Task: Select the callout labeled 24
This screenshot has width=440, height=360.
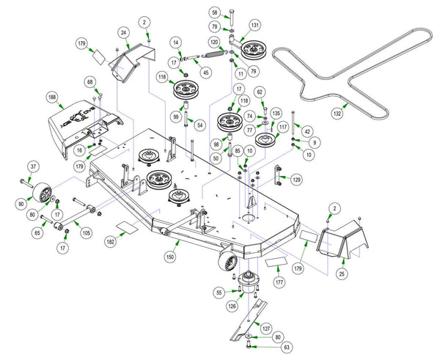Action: [125, 32]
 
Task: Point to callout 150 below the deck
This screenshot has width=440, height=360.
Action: [170, 257]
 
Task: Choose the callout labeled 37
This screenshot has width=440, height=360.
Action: [32, 167]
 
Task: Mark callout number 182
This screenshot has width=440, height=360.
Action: [111, 240]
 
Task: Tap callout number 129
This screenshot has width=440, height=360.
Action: [296, 179]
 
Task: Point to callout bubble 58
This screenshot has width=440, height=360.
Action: [214, 13]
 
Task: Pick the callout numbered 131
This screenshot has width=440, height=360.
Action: [255, 24]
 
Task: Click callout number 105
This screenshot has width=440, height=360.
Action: [87, 233]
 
